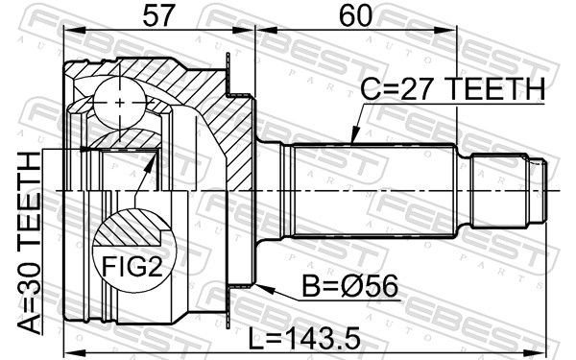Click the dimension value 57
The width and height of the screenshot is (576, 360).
tap(157, 15)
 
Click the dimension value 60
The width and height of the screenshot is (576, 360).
tap(355, 15)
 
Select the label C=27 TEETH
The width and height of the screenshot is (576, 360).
tap(452, 89)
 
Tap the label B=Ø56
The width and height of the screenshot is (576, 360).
tap(349, 286)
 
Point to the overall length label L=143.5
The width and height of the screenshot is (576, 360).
tap(304, 339)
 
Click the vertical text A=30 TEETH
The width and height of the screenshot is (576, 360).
tap(30, 243)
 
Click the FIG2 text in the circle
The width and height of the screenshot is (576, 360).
tap(132, 266)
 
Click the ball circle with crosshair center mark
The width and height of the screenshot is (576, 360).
tap(120, 103)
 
